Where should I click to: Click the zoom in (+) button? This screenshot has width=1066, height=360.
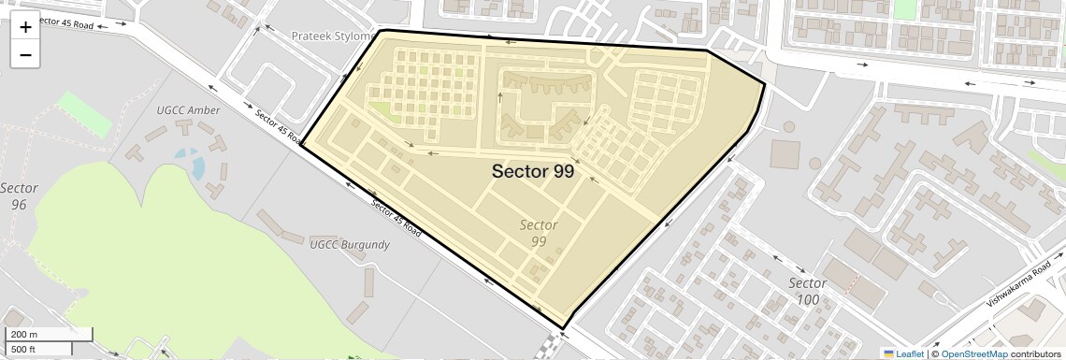pyautogui.click(x=25, y=27)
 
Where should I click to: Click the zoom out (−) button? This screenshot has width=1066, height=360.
pyautogui.click(x=25, y=55)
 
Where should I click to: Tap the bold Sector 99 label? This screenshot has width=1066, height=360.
pyautogui.click(x=532, y=171)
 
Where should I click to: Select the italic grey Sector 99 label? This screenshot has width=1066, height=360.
pyautogui.click(x=539, y=233)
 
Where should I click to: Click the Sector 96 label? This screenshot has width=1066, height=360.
pyautogui.click(x=19, y=195)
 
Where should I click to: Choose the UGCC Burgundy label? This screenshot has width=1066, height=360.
pyautogui.click(x=349, y=244)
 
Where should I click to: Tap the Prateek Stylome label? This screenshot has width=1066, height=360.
pyautogui.click(x=332, y=36)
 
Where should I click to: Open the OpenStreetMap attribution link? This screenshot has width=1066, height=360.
pyautogui.click(x=973, y=353)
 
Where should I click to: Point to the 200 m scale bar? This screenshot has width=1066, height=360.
pyautogui.click(x=49, y=335)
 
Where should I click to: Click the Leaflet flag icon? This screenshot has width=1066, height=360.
pyautogui.click(x=888, y=353)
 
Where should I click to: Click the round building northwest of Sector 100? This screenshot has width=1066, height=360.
pyautogui.click(x=787, y=125)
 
